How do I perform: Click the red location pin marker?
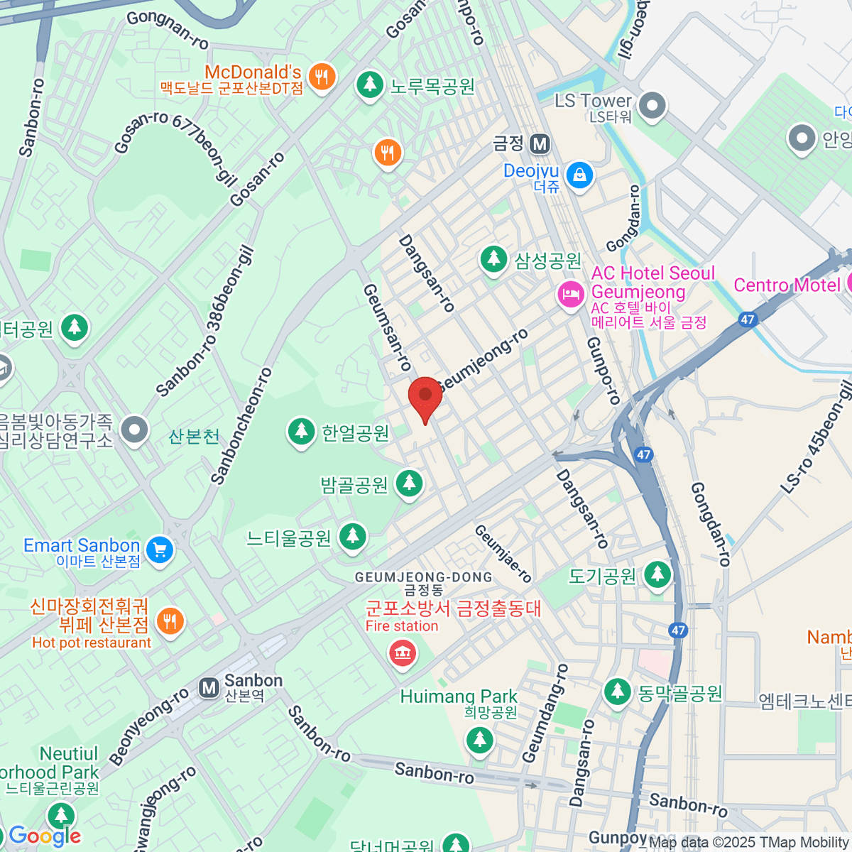pos(425,396)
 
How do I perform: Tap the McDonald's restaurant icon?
pos(322,77)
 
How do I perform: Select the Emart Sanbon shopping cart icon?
pos(160,550)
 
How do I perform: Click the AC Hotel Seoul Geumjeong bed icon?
pos(571,293)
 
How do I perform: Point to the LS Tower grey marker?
pos(652,106)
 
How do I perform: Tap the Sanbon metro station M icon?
pos(209,687)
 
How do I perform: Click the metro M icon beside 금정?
pos(540,144)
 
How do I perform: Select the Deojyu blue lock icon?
pos(580,174)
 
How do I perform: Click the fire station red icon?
pos(403,652)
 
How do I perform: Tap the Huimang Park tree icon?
pos(480,739)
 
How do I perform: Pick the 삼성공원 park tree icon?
pos(493,259)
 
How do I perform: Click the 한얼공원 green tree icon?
pos(301,431)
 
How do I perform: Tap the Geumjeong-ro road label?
pos(484,359)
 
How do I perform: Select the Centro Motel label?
pos(787,285)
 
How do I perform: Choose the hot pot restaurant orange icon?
pos(170,622)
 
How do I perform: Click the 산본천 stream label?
pos(194,436)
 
